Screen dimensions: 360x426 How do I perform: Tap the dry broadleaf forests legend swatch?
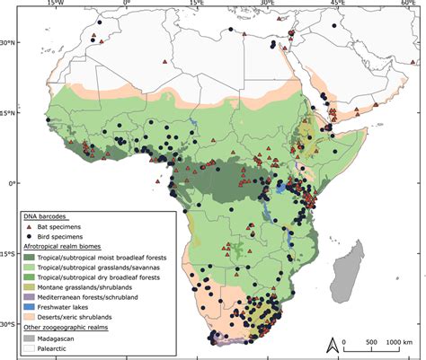[30, 277]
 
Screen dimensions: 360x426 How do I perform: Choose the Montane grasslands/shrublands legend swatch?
[30, 287]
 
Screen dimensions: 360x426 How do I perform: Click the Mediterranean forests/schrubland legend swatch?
[30, 297]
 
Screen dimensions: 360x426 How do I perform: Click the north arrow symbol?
[333, 342]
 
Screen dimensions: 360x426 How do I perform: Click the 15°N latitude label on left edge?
[7, 112]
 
